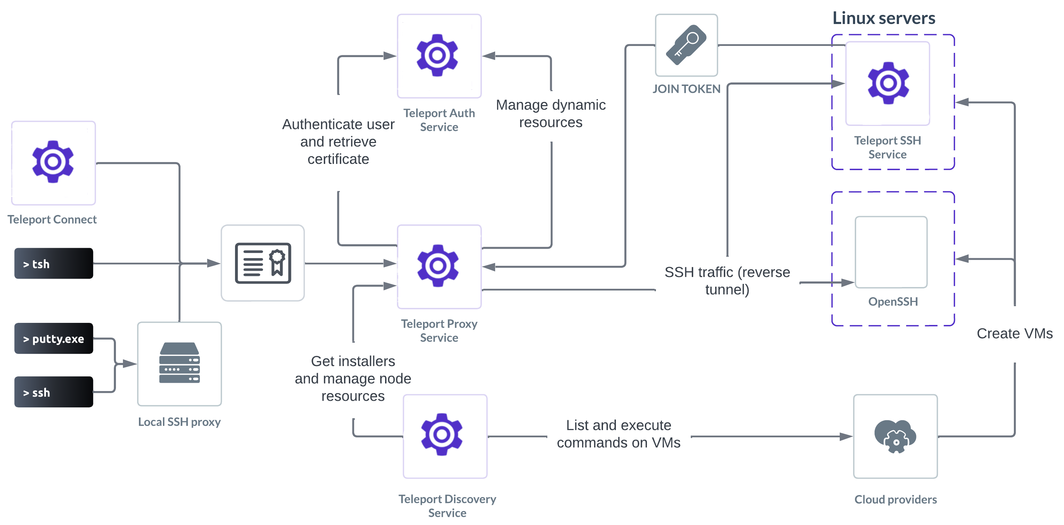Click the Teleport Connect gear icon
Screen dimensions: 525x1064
[53, 162]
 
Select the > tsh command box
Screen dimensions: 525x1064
[54, 264]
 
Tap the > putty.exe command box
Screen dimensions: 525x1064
[54, 339]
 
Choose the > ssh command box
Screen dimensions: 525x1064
[54, 392]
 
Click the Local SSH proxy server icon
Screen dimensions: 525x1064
[179, 363]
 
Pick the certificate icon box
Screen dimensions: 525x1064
[263, 263]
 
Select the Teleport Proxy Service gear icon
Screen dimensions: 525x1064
[438, 266]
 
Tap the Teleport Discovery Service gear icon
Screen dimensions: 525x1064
[442, 435]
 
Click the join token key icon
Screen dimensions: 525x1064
[687, 45]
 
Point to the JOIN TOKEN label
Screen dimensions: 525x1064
[687, 89]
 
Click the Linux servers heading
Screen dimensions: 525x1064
[884, 18]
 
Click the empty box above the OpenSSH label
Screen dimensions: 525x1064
[891, 252]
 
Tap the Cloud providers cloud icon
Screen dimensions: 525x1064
[895, 437]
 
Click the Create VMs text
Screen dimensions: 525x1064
[1015, 334]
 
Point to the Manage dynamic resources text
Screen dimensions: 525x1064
[550, 113]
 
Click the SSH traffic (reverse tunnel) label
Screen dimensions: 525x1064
[727, 281]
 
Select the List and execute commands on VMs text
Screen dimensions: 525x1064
[618, 434]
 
